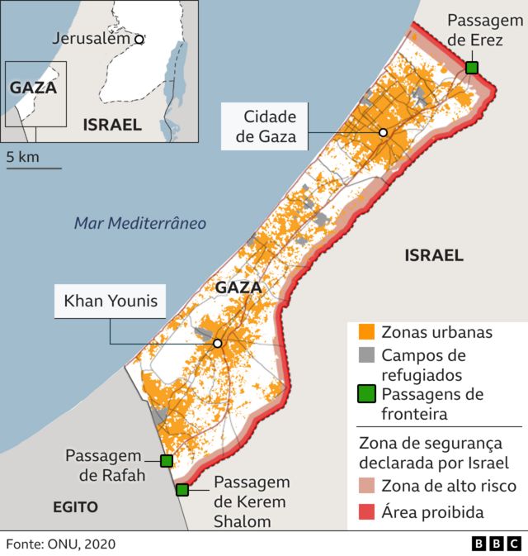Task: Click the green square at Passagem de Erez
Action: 471,68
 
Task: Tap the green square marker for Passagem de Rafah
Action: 166,461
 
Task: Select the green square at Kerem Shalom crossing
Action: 182,490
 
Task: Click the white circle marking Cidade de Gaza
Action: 383,133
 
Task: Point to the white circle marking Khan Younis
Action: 218,344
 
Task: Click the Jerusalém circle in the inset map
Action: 139,39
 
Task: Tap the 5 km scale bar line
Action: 34,168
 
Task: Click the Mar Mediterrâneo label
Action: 139,223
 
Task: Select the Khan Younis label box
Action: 110,302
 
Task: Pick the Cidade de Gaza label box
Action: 266,126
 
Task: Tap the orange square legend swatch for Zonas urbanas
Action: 367,332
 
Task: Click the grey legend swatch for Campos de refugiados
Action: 367,355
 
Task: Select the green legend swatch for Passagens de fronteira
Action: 367,394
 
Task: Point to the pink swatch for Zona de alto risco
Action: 367,486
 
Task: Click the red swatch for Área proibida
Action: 367,512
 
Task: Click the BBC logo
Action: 496,543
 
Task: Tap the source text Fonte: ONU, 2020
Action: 61,544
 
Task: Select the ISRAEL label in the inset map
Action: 111,125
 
